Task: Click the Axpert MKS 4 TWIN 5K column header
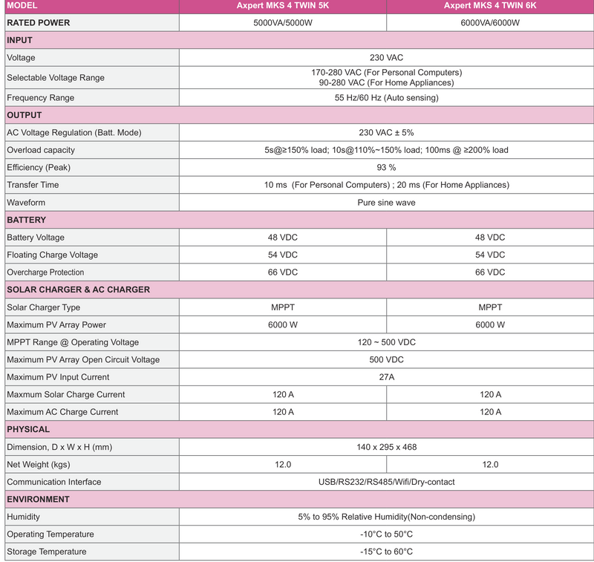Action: coord(282,5)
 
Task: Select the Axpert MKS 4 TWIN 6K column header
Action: coord(490,5)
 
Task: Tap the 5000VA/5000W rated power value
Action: coord(282,22)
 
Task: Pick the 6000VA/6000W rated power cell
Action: coord(490,22)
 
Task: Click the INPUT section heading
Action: coord(19,40)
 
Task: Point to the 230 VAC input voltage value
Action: coord(386,57)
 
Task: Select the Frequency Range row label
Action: coord(40,97)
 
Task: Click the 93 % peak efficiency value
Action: coord(386,167)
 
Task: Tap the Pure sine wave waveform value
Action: coord(386,202)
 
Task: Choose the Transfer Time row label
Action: coord(33,184)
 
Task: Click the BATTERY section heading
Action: coord(27,220)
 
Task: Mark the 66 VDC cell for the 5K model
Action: coord(282,272)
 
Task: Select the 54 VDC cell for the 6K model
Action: coord(490,255)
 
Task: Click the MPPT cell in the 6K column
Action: coord(490,307)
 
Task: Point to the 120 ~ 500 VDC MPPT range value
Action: coord(386,342)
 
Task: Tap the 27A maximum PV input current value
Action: coord(386,377)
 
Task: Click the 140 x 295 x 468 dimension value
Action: coord(386,447)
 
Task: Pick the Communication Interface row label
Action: coord(54,482)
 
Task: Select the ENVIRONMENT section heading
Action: coord(39,499)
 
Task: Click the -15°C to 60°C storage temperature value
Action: coord(386,552)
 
